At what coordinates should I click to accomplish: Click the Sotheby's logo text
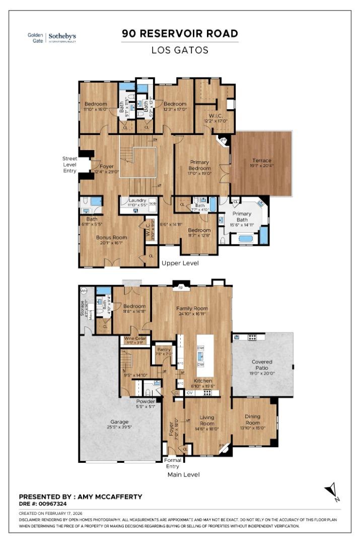62,36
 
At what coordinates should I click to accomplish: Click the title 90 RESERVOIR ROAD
180,34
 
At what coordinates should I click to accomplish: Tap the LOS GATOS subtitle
180,50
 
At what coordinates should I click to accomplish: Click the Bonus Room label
111,237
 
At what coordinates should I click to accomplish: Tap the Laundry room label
137,200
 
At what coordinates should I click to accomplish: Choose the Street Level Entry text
69,164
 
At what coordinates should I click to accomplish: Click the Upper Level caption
180,263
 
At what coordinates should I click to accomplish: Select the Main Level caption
183,474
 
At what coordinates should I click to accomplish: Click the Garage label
119,422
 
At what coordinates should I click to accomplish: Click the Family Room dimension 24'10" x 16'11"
191,313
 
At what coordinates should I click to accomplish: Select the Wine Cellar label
135,338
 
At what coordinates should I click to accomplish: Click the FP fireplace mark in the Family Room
180,289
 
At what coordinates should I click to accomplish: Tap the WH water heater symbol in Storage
84,291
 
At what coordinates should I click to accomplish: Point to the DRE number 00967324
49,503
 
